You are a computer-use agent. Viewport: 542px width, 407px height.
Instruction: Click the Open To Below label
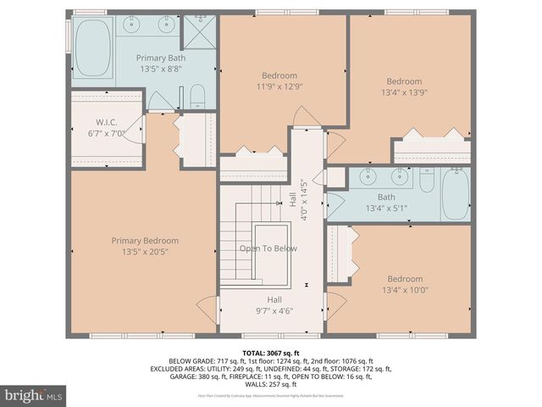click(x=268, y=248)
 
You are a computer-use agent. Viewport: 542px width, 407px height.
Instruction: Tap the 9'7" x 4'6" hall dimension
click(x=274, y=312)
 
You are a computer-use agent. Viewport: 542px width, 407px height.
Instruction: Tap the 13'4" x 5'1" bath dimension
click(x=386, y=208)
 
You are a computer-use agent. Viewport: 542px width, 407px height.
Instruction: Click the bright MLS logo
click(x=34, y=395)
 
